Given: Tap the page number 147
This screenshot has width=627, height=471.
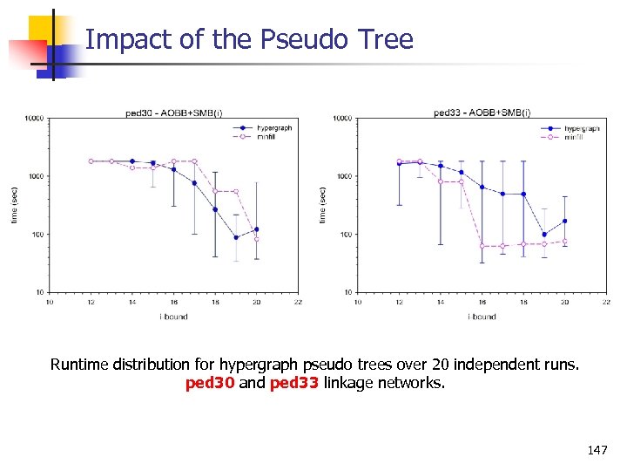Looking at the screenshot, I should [597, 450].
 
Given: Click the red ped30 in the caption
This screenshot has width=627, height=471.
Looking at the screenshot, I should [210, 383].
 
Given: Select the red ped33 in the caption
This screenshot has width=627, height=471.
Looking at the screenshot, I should [293, 383].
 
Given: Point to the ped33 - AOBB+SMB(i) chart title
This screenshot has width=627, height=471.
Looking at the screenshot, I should [482, 113].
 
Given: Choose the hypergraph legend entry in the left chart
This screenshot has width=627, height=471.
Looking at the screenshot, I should [273, 128].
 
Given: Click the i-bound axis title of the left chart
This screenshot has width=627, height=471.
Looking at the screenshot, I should [172, 317].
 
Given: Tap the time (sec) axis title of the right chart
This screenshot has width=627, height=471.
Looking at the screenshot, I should [323, 204].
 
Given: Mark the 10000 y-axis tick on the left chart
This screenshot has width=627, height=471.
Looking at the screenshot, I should [35, 119].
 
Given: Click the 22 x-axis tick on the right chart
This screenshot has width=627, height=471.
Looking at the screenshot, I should [606, 302].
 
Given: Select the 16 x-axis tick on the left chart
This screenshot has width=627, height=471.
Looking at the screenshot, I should [173, 302].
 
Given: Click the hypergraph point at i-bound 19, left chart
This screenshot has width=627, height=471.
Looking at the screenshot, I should [236, 237].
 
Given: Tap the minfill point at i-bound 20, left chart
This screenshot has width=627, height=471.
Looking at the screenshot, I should [256, 239].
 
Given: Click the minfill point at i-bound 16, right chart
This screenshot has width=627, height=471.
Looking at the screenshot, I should [482, 246].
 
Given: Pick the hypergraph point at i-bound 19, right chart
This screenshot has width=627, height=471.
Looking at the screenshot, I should [544, 234].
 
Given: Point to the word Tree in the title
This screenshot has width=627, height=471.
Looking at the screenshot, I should [386, 39].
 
